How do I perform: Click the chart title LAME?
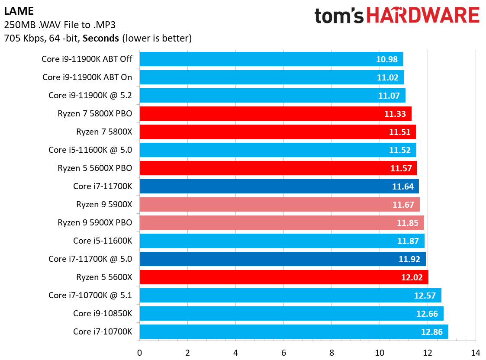point(19,11)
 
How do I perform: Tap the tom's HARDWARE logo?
point(397,16)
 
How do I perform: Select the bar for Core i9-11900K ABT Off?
point(271,59)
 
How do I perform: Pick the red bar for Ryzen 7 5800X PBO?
point(275,114)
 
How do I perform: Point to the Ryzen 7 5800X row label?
point(104,132)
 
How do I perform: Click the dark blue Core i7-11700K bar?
point(279,186)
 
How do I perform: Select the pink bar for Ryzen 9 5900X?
point(279,205)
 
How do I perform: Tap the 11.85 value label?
point(407,223)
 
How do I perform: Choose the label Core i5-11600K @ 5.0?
point(90,150)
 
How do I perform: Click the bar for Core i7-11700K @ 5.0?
point(282,259)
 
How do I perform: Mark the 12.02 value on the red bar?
point(412,277)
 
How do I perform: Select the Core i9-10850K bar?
point(291,314)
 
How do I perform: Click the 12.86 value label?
point(431,332)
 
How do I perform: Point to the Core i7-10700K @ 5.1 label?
point(90,296)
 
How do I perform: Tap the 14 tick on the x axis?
point(475,352)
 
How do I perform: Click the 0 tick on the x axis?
point(139,352)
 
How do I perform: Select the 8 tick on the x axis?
point(332,352)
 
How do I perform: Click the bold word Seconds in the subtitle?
point(100,38)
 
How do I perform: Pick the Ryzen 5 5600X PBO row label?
point(95,168)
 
